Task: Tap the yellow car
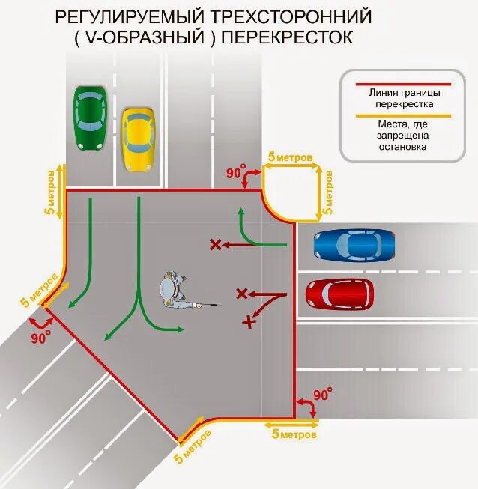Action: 139,139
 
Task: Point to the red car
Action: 339,294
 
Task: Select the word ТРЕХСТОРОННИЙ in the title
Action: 303,16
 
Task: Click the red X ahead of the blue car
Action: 216,244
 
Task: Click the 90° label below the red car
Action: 322,395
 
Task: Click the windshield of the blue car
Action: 344,244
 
